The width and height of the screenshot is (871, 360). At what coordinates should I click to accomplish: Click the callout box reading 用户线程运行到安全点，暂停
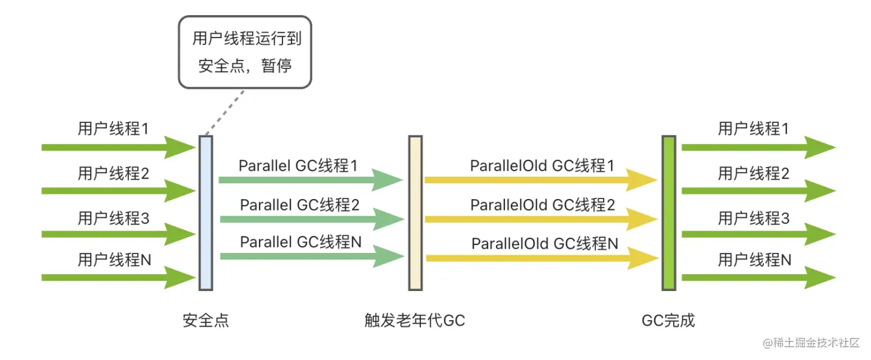(x=245, y=52)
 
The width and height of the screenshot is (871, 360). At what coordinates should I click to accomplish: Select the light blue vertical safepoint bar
(x=206, y=212)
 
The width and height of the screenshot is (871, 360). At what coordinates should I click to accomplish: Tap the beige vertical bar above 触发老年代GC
(x=415, y=212)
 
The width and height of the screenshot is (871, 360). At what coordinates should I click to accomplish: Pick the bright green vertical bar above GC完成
(x=668, y=212)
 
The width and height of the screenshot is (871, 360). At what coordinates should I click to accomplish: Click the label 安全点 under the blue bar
(x=206, y=320)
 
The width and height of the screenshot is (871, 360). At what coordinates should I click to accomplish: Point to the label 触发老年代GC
(x=415, y=320)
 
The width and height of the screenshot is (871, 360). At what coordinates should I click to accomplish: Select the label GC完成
(x=668, y=320)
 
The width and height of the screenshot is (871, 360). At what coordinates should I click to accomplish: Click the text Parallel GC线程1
(x=298, y=166)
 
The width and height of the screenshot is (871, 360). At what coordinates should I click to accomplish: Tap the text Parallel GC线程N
(x=301, y=242)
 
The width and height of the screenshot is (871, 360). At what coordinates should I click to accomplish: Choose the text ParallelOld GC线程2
(x=543, y=205)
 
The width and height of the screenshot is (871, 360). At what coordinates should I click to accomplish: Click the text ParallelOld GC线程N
(x=545, y=244)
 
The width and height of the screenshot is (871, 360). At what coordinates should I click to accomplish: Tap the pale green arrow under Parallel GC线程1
(x=310, y=180)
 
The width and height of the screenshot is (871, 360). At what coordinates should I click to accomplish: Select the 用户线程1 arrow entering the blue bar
(x=118, y=147)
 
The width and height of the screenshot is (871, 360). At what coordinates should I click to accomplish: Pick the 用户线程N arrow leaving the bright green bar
(x=757, y=277)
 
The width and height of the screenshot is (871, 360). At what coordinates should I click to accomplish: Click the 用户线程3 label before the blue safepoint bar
(x=113, y=218)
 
